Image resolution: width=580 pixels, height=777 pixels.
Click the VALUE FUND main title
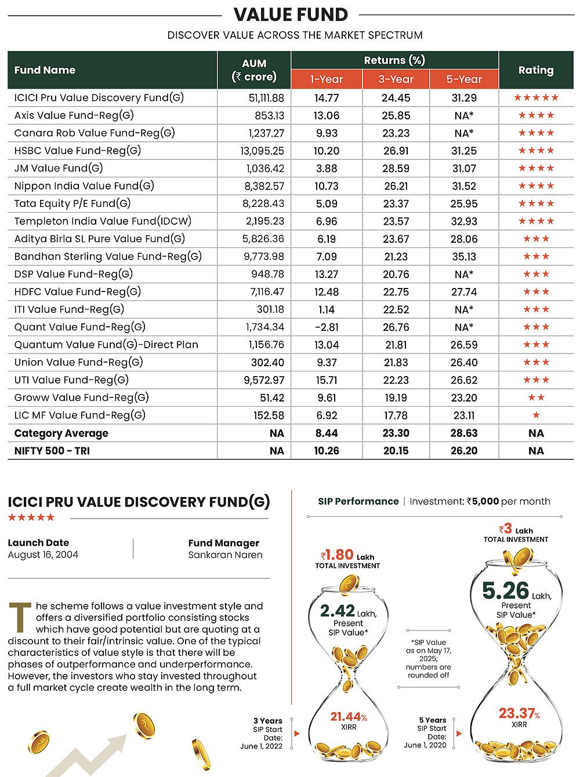tap(291, 14)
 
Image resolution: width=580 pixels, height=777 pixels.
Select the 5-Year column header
tap(464, 79)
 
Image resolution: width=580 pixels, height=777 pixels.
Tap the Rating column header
tap(536, 70)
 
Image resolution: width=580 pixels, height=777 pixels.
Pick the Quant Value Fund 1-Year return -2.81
tap(327, 327)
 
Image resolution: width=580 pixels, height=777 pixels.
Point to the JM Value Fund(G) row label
tap(59, 169)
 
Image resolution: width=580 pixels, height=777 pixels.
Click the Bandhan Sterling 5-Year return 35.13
tap(464, 257)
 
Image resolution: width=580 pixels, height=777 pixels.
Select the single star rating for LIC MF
tap(536, 415)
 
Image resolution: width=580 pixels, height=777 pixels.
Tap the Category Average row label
tap(61, 433)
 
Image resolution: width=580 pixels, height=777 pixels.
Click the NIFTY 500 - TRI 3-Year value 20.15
tap(396, 451)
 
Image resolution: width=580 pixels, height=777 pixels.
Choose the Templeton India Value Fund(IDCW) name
tap(103, 221)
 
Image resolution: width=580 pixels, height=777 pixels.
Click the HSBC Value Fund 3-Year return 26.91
tap(396, 151)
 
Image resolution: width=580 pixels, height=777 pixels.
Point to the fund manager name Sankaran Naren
tap(225, 555)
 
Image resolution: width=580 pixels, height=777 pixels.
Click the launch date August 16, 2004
tap(43, 555)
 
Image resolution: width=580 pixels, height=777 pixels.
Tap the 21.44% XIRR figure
tap(349, 717)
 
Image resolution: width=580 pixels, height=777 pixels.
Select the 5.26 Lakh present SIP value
tap(506, 591)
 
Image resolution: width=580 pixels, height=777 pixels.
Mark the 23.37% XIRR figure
tap(519, 713)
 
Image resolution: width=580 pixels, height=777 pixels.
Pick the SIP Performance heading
tap(358, 502)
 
